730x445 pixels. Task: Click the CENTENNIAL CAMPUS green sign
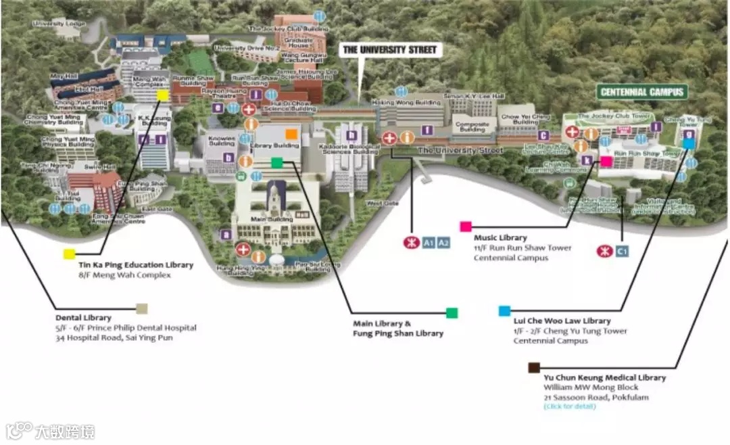(x=642, y=92)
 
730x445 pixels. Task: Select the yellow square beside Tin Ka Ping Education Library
(x=69, y=254)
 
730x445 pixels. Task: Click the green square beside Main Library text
(x=452, y=312)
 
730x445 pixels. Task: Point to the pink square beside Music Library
(x=465, y=227)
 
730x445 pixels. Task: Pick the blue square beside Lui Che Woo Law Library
(x=504, y=310)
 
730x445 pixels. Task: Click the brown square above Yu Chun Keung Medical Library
(x=534, y=367)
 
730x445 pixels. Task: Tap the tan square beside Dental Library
(x=141, y=308)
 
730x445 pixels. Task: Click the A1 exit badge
(x=429, y=243)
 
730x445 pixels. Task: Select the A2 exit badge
(x=443, y=243)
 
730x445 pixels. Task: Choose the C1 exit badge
(x=623, y=252)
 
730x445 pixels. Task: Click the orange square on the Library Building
(x=291, y=133)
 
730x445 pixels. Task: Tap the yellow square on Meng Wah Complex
(x=163, y=95)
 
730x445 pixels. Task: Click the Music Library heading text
(x=500, y=238)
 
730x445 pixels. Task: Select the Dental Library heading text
(x=83, y=318)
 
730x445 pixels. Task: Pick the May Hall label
(x=59, y=76)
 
